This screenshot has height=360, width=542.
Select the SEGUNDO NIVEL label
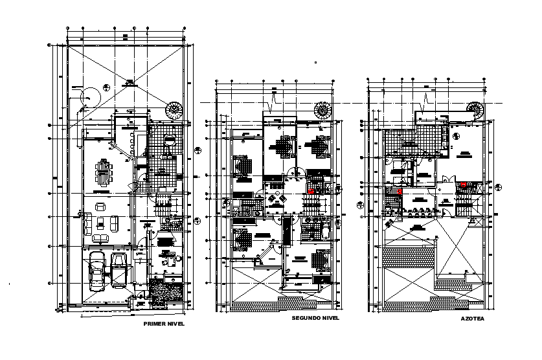315,319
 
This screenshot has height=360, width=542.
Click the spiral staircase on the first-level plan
175,110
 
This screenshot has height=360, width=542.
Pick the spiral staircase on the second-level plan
322,110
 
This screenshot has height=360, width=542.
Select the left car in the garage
96,269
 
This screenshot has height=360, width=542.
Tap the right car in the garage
120,268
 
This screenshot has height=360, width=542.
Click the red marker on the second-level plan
311,192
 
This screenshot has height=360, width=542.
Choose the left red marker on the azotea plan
400,191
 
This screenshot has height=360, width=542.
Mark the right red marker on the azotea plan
464,185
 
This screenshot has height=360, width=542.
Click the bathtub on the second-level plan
323,231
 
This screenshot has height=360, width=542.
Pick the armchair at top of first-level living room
101,207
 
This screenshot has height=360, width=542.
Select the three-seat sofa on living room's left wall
85,224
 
